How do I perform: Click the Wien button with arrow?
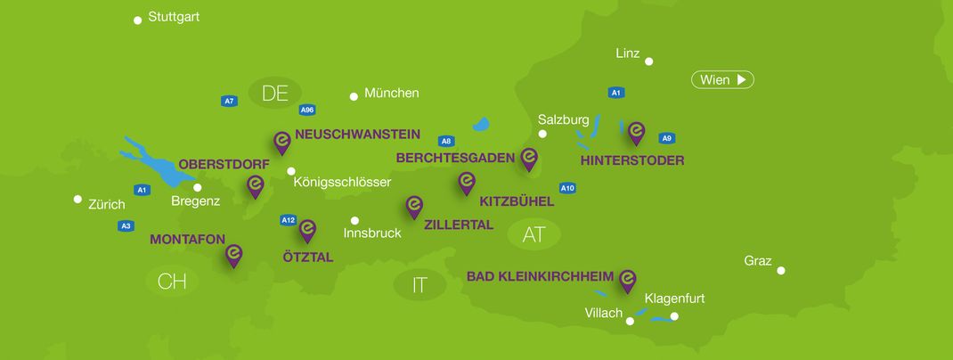pyautogui.click(x=722, y=80)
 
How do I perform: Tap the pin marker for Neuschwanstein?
pyautogui.click(x=281, y=142)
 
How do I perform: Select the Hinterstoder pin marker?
pyautogui.click(x=636, y=133)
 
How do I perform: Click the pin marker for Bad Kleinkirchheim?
pyautogui.click(x=627, y=280)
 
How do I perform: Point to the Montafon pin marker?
pyautogui.click(x=233, y=255)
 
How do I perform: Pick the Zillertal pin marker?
pyautogui.click(x=414, y=207)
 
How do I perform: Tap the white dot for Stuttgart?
pyautogui.click(x=138, y=20)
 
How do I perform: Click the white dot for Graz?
pyautogui.click(x=781, y=270)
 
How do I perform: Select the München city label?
pyautogui.click(x=391, y=93)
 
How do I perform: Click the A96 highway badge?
pyautogui.click(x=307, y=110)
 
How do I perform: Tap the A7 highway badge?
pyautogui.click(x=229, y=101)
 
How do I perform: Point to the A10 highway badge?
pyautogui.click(x=567, y=188)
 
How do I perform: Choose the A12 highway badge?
pyautogui.click(x=288, y=220)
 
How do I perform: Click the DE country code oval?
pyautogui.click(x=275, y=93)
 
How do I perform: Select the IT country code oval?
pyautogui.click(x=419, y=285)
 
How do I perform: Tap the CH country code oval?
pyautogui.click(x=171, y=282)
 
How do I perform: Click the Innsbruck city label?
pyautogui.click(x=372, y=233)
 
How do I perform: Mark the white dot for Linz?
pyautogui.click(x=649, y=61)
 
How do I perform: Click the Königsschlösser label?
pyautogui.click(x=342, y=183)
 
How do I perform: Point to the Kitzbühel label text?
pyautogui.click(x=517, y=201)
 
